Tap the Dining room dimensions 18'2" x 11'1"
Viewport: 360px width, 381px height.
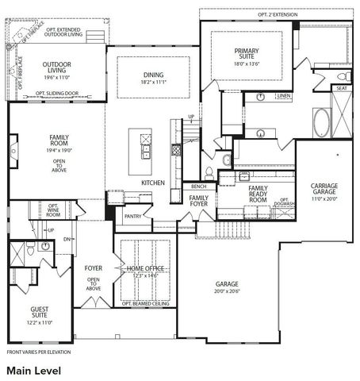(153, 82)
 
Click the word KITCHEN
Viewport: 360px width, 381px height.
(153, 183)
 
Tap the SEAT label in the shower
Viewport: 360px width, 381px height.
(342, 88)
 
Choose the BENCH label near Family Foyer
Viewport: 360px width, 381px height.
(199, 186)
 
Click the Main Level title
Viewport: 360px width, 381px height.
(33, 370)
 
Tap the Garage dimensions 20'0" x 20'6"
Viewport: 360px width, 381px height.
(228, 291)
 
